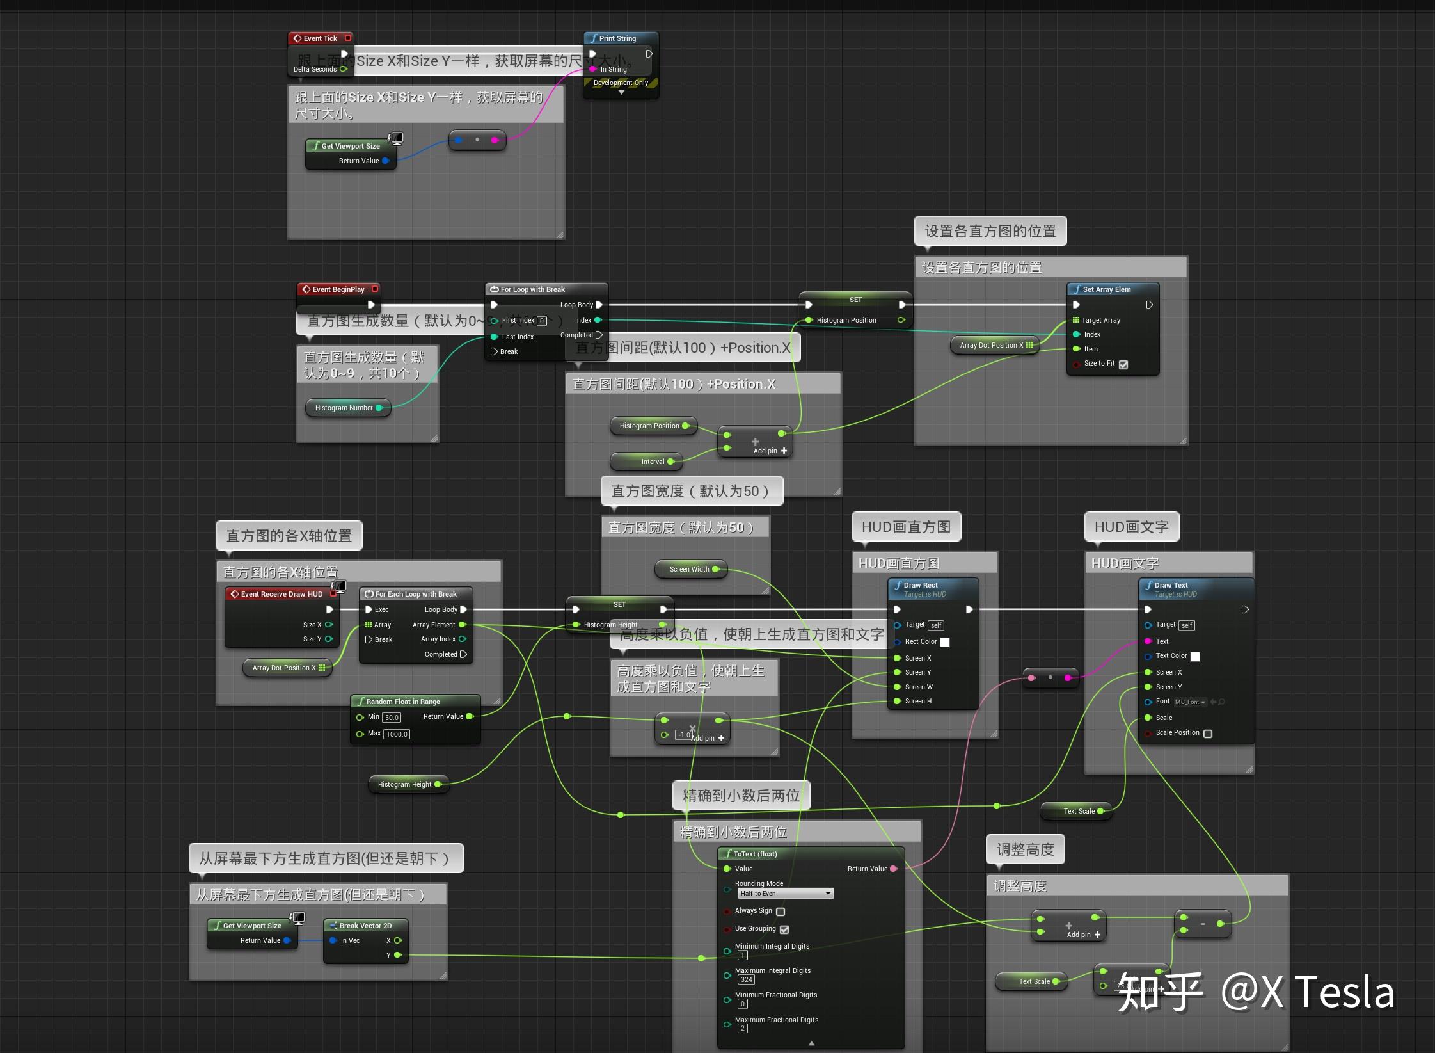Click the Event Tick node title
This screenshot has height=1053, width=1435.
pyautogui.click(x=320, y=38)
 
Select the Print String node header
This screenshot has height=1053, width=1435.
pyautogui.click(x=617, y=38)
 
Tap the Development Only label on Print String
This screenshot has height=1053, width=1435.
pyautogui.click(x=621, y=83)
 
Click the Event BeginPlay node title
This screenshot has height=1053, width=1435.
pyautogui.click(x=338, y=289)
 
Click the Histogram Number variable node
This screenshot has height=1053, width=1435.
pyautogui.click(x=344, y=408)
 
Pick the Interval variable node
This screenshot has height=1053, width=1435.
pyautogui.click(x=653, y=462)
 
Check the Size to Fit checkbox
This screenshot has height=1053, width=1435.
pyautogui.click(x=1123, y=364)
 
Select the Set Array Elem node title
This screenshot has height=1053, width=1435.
pyautogui.click(x=1106, y=289)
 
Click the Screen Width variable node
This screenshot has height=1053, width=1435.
pyautogui.click(x=689, y=569)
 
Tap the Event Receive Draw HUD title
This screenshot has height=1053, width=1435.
pyautogui.click(x=281, y=594)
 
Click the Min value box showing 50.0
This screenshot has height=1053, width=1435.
pyautogui.click(x=392, y=718)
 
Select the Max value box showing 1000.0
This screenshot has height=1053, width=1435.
pyautogui.click(x=397, y=734)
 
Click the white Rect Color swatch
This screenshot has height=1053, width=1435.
pyautogui.click(x=945, y=642)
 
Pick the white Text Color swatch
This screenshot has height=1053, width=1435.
pyautogui.click(x=1195, y=657)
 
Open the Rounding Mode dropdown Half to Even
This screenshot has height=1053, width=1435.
pyautogui.click(x=785, y=894)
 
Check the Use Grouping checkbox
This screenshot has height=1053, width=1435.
pyautogui.click(x=785, y=929)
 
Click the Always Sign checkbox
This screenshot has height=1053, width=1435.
pyautogui.click(x=781, y=912)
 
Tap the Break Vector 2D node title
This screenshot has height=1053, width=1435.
pyautogui.click(x=365, y=926)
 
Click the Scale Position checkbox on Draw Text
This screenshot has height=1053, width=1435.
pyautogui.click(x=1208, y=734)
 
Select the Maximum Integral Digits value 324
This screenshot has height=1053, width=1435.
pyautogui.click(x=746, y=979)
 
